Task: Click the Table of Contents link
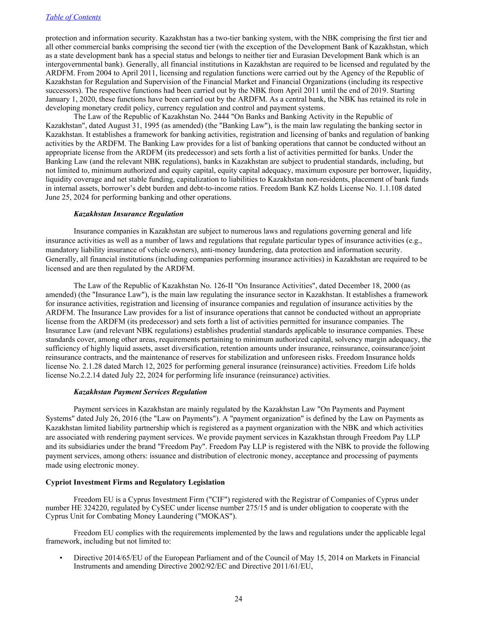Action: (x=73, y=17)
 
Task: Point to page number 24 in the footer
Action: (x=238, y=599)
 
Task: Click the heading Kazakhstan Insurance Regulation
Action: (x=128, y=214)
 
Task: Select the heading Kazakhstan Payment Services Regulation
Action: (x=140, y=392)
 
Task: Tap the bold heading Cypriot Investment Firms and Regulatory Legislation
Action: (x=135, y=482)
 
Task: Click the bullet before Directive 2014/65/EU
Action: (x=61, y=558)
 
